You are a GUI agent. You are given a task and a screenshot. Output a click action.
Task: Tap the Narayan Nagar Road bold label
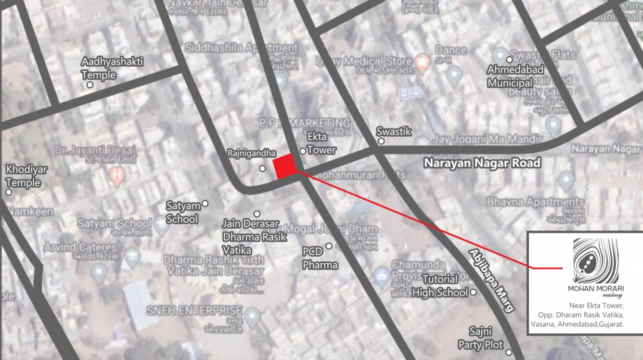(482, 163)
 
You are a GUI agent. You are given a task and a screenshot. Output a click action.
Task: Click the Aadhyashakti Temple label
(112, 68)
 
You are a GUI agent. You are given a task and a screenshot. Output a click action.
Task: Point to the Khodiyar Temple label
(23, 176)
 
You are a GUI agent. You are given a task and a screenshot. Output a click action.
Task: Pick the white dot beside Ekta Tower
(303, 151)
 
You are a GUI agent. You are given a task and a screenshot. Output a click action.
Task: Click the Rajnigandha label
(252, 154)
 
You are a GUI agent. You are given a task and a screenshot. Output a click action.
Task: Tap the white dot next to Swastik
(381, 141)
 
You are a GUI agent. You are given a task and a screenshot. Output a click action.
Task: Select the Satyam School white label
(182, 212)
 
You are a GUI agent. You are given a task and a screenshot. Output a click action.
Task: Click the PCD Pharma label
(320, 258)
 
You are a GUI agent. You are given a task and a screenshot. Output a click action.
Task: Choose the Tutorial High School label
(440, 286)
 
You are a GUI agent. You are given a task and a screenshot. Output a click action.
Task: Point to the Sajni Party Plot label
(480, 338)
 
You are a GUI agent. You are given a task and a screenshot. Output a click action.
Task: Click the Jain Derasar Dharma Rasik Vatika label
(254, 237)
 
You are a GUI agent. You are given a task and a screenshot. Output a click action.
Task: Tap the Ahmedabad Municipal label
(515, 76)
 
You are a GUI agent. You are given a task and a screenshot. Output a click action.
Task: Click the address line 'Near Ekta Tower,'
(596, 306)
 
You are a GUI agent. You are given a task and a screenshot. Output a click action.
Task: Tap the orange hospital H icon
(116, 177)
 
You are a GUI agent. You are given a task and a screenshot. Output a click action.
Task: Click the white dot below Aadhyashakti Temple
(90, 85)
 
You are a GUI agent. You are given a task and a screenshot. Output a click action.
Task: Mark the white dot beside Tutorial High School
(473, 292)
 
